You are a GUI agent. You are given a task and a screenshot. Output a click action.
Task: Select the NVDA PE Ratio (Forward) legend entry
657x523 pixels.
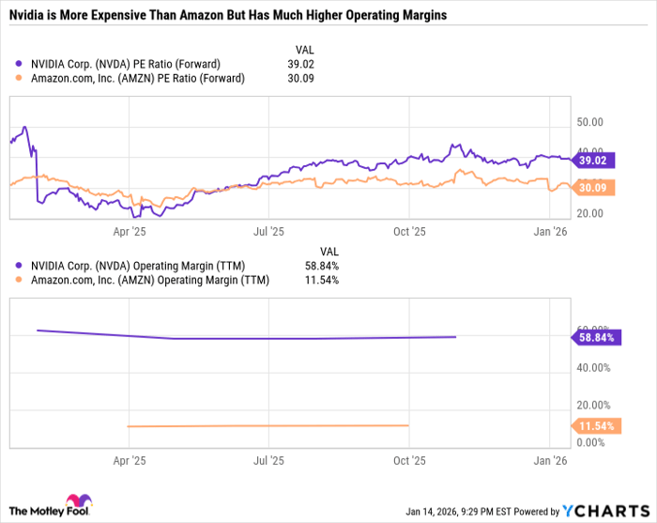[x=131, y=64]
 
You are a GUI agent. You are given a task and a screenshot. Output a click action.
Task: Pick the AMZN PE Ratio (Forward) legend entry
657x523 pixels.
[x=137, y=78]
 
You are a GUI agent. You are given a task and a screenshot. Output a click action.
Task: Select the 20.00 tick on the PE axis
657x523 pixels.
[x=589, y=213]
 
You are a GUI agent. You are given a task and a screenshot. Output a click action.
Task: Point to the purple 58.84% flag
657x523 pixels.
[x=596, y=336]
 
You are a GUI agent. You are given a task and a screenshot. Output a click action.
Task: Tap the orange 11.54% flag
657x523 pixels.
[x=596, y=427]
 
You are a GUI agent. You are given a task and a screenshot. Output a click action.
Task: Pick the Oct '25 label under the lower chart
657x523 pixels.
[x=409, y=461]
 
